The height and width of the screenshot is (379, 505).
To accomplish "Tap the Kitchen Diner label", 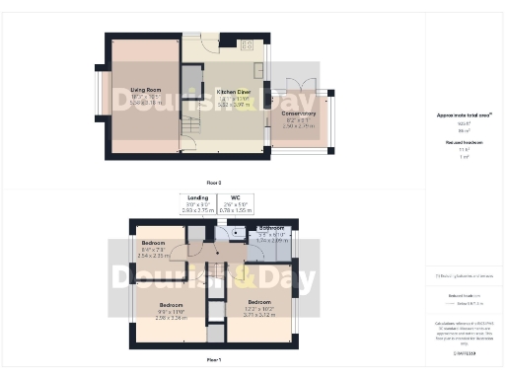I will click(x=234, y=91).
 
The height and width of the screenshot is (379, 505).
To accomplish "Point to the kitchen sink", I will click(x=258, y=72).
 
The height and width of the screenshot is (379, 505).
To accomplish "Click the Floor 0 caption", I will click(x=213, y=183).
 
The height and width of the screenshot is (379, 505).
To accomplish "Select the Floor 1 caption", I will click(x=213, y=360).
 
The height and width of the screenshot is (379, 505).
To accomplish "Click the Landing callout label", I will click(x=191, y=197).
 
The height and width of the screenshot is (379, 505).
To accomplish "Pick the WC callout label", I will click(x=236, y=197).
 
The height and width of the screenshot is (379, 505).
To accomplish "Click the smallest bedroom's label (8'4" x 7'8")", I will click(x=154, y=243).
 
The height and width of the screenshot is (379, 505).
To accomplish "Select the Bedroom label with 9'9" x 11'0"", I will click(x=171, y=305).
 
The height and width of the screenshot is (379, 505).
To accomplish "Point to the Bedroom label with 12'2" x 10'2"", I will click(x=259, y=301).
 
